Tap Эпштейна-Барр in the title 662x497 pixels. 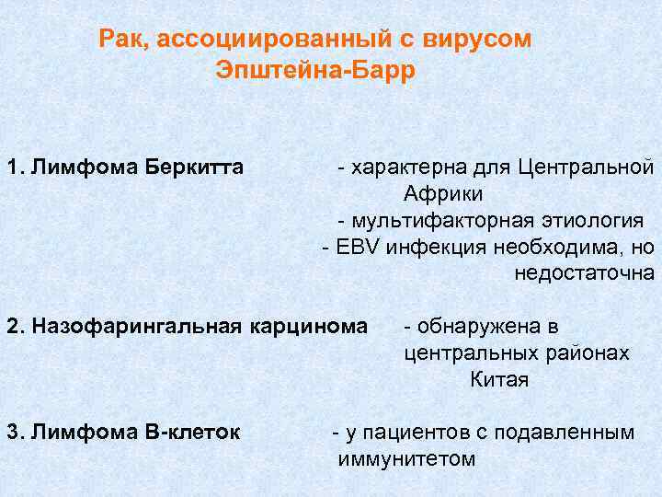click(x=315, y=71)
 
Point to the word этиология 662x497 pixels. click(x=594, y=221)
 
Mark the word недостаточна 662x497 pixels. click(x=585, y=273)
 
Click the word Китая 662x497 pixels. click(x=499, y=379)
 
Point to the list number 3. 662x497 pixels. click(x=12, y=432)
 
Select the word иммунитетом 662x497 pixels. click(x=406, y=458)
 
